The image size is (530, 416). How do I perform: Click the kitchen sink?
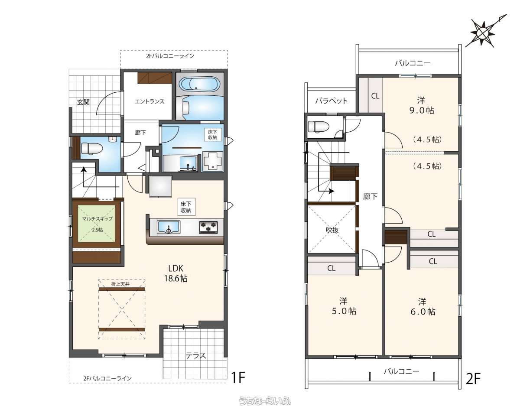tap(169, 227)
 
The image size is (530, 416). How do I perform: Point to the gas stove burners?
tap(208, 227)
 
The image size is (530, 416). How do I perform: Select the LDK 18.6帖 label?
tap(176, 273)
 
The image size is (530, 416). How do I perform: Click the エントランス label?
tap(150, 101)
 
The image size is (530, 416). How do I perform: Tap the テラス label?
tap(196, 356)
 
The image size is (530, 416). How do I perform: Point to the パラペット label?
tap(331, 101)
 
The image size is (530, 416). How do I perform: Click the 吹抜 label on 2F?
tap(332, 230)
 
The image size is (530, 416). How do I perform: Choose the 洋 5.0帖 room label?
tap(344, 306)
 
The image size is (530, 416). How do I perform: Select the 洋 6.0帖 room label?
tap(423, 306)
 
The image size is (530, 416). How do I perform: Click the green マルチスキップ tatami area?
tap(97, 224)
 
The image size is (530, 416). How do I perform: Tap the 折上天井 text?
tap(120, 284)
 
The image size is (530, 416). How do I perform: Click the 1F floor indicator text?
tap(238, 377)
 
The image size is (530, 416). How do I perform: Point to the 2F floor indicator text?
tap(473, 379)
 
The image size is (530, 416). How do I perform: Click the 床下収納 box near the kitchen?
tap(186, 207)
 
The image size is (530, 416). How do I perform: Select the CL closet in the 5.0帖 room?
tap(331, 268)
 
